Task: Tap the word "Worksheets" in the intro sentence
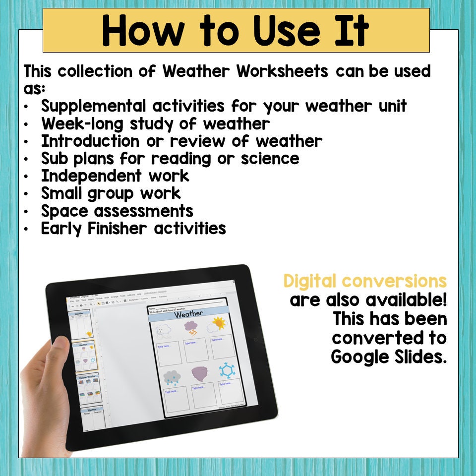pos(282,71)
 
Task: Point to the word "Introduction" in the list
pos(90,141)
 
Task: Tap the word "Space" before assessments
pos(64,211)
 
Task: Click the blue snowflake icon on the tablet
pos(227,370)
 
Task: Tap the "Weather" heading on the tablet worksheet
pos(188,314)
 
